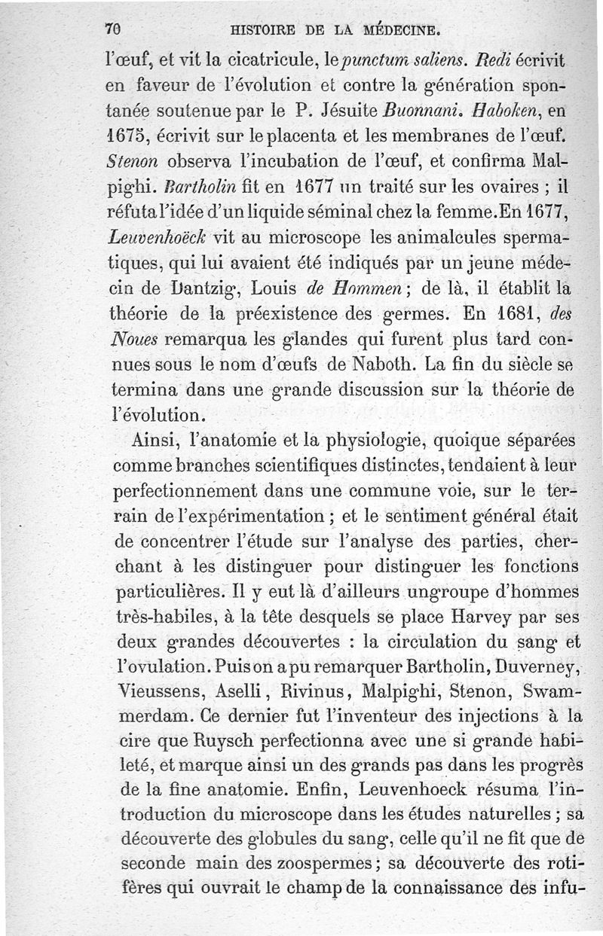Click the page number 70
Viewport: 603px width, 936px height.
(x=114, y=31)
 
